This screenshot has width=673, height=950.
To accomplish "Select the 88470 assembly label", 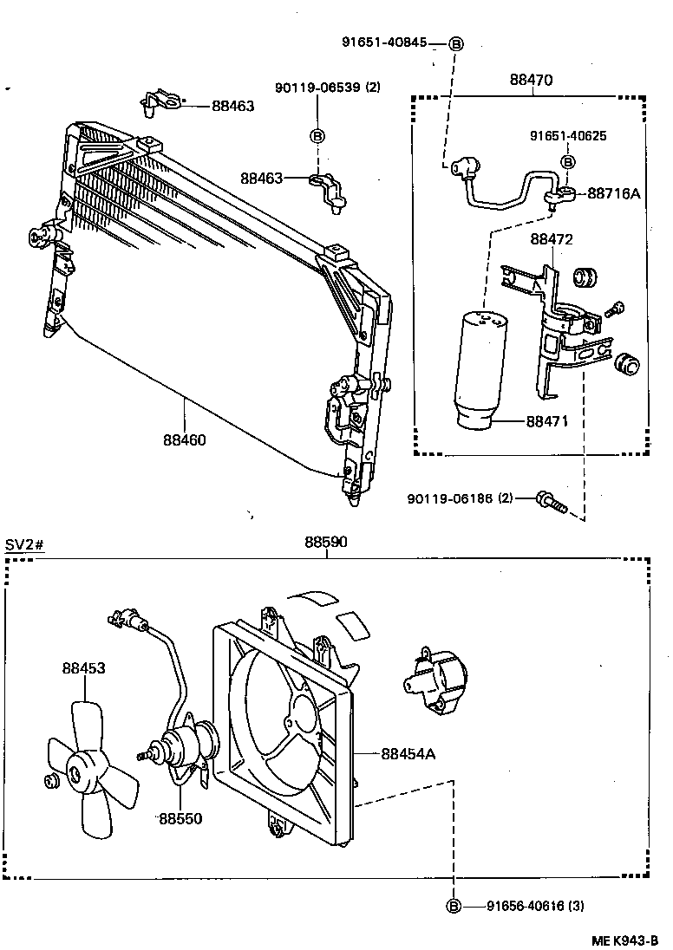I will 531,80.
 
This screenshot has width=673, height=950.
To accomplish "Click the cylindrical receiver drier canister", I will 483,368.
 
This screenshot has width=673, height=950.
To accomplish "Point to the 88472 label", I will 552,239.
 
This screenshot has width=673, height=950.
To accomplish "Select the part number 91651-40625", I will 568,136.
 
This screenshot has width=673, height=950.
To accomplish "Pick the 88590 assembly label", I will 326,543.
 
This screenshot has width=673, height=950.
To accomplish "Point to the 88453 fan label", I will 83,668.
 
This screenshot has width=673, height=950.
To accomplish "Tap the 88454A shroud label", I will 408,753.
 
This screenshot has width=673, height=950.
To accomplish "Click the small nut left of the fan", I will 50,781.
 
